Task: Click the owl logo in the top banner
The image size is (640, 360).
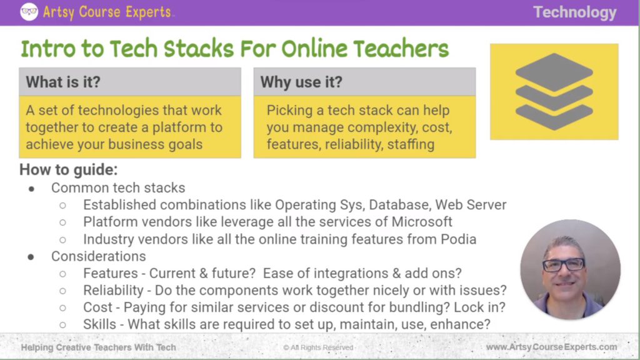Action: pyautogui.click(x=29, y=12)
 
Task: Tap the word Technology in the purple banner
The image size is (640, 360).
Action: pyautogui.click(x=574, y=12)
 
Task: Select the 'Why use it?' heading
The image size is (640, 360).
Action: pyautogui.click(x=301, y=82)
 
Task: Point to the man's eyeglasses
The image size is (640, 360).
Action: pyautogui.click(x=564, y=264)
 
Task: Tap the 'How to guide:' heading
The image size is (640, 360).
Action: pyautogui.click(x=68, y=170)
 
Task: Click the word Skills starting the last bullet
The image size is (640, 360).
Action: pyautogui.click(x=99, y=324)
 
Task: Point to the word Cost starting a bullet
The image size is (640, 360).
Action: pyautogui.click(x=97, y=307)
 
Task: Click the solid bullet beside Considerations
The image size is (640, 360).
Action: pyautogui.click(x=31, y=256)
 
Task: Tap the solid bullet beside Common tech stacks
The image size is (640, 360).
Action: pyautogui.click(x=31, y=187)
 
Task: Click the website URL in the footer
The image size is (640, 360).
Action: pyautogui.click(x=551, y=347)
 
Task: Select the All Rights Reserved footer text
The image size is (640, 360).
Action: pyautogui.click(x=318, y=347)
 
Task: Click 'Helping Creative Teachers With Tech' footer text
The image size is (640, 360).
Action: pyautogui.click(x=98, y=347)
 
